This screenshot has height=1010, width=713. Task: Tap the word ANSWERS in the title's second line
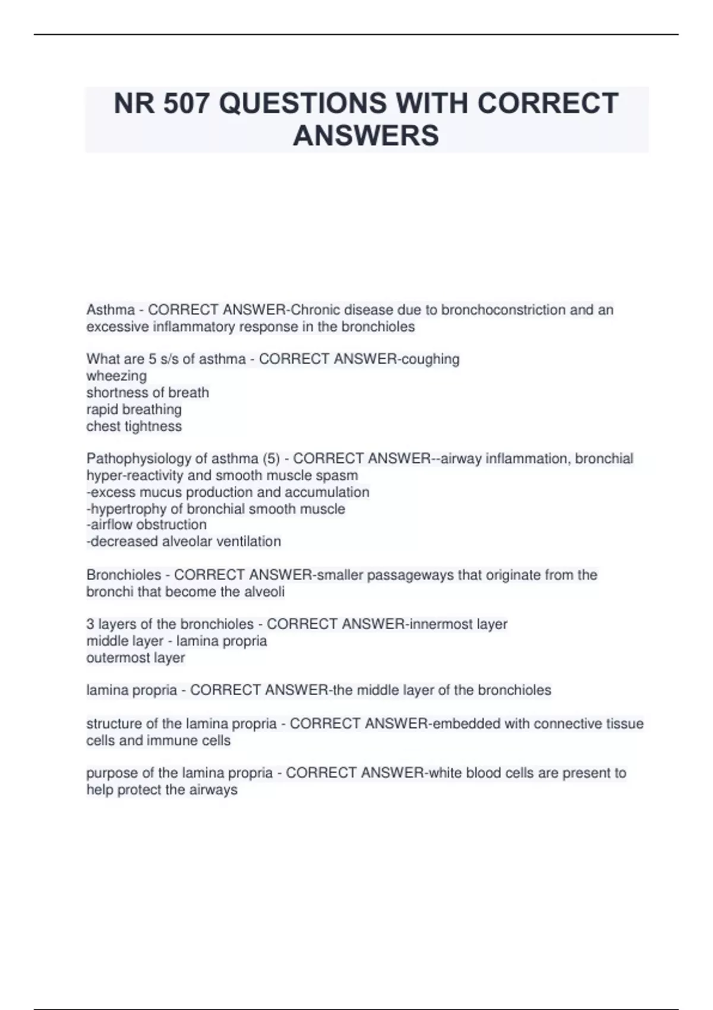click(366, 135)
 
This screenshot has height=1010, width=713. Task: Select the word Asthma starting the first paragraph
click(111, 310)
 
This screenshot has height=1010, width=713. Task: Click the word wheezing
click(116, 376)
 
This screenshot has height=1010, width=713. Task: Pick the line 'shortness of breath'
click(147, 393)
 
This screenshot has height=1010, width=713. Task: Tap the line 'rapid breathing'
click(134, 409)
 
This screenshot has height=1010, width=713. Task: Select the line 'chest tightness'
click(134, 427)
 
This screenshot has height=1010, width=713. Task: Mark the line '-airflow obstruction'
click(146, 525)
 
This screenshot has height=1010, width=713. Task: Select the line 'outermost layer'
click(135, 658)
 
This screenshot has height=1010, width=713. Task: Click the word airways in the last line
click(213, 790)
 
